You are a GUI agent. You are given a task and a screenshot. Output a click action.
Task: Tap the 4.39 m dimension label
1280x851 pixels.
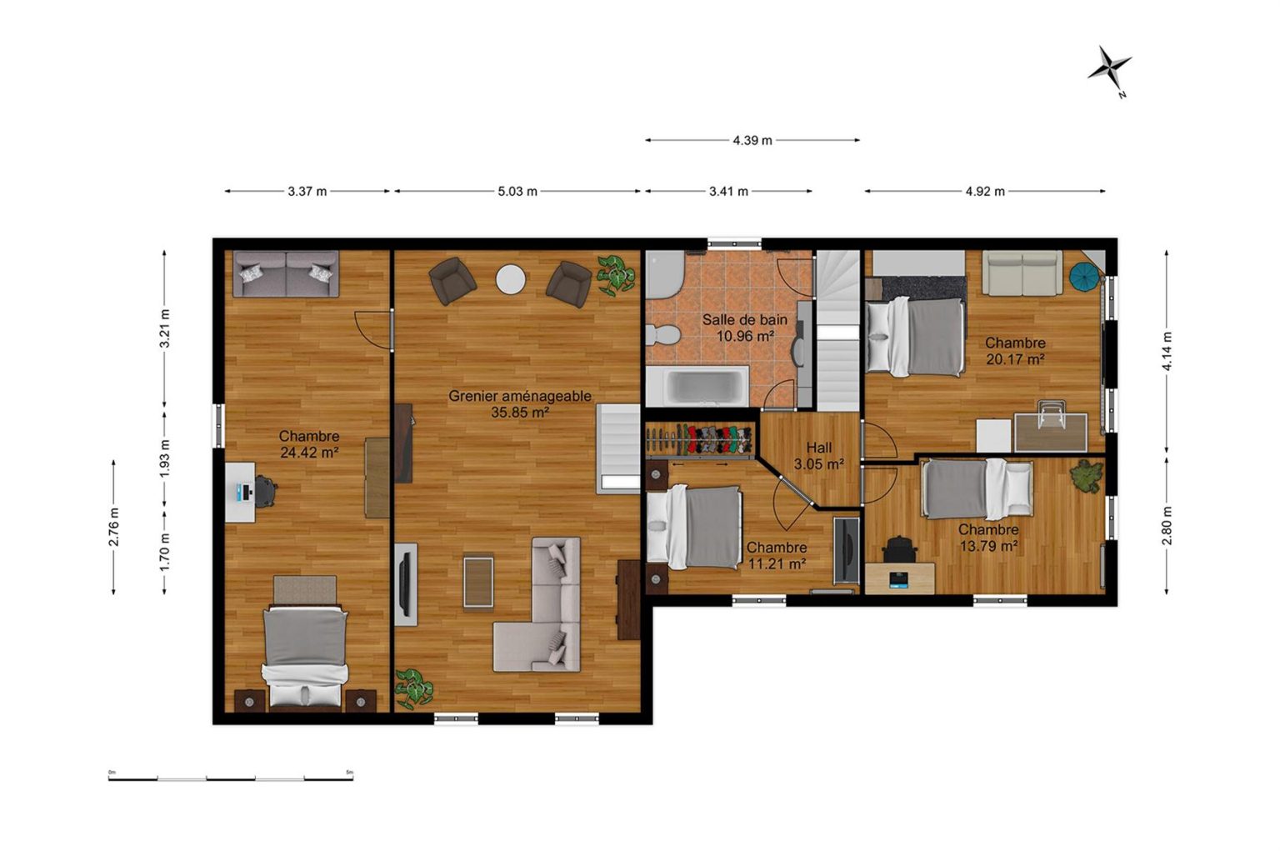tap(752, 140)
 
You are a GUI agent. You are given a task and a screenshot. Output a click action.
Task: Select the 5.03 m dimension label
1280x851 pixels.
tap(517, 192)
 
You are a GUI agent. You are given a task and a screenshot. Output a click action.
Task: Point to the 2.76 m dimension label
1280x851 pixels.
tap(113, 527)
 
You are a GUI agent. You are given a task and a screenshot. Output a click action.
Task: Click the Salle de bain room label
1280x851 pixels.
tap(744, 320)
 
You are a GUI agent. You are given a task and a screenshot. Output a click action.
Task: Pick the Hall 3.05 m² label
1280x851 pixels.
tap(819, 456)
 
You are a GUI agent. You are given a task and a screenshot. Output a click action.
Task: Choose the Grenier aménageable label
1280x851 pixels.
tap(519, 396)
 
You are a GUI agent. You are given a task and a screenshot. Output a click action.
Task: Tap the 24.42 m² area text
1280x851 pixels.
tap(309, 453)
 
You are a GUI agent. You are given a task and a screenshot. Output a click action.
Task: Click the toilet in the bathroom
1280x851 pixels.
tap(662, 334)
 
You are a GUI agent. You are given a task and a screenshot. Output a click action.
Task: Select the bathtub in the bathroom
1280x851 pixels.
tap(697, 387)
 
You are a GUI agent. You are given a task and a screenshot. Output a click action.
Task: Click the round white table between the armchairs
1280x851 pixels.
tap(510, 279)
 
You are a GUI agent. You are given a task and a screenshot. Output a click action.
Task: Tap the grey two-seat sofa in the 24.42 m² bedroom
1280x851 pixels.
tap(287, 273)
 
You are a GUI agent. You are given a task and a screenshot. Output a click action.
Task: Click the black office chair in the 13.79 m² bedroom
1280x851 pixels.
tap(900, 548)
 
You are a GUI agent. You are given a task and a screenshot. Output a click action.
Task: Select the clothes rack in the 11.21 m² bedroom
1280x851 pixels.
tap(699, 440)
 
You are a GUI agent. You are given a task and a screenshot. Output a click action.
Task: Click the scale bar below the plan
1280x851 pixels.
tap(231, 778)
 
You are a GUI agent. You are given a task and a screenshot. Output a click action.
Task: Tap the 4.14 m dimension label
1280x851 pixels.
tap(1167, 351)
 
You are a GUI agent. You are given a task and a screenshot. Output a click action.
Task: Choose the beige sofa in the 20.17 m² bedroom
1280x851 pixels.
tap(1022, 273)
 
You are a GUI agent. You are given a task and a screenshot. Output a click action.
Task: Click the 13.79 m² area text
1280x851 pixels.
tap(988, 547)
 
